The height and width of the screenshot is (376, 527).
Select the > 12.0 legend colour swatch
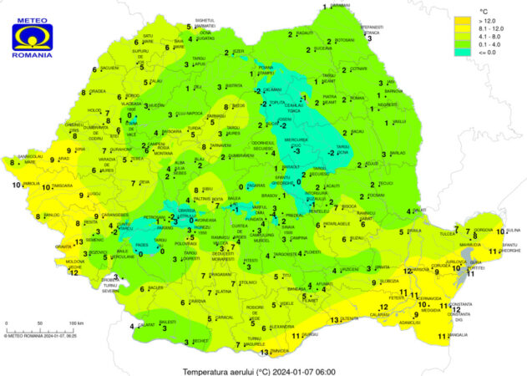point(461,18)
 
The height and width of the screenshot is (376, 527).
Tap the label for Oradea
point(98,91)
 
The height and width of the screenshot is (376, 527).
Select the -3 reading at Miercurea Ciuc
point(295,152)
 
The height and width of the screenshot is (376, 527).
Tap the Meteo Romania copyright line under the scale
point(42,337)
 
